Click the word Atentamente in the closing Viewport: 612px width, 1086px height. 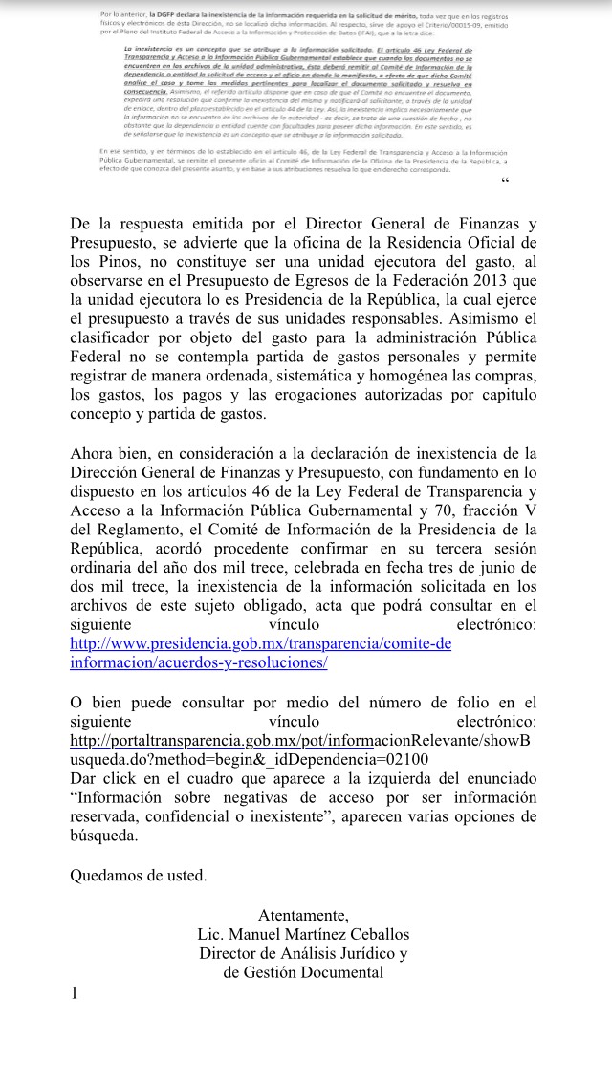click(303, 915)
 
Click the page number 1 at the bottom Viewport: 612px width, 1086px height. click(75, 994)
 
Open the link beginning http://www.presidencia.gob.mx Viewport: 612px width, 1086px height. click(260, 643)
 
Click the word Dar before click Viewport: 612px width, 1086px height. click(85, 779)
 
